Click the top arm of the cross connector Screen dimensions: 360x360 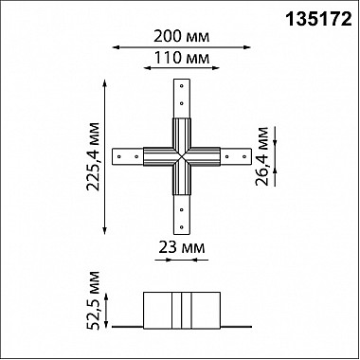point(180,100)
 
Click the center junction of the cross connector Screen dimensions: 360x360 point(180,154)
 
